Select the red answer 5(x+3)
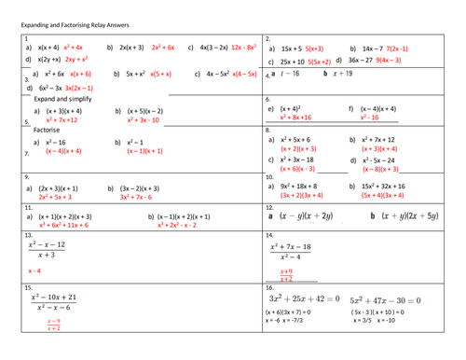pyautogui.click(x=319, y=48)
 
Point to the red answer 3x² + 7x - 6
pyautogui.click(x=142, y=198)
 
